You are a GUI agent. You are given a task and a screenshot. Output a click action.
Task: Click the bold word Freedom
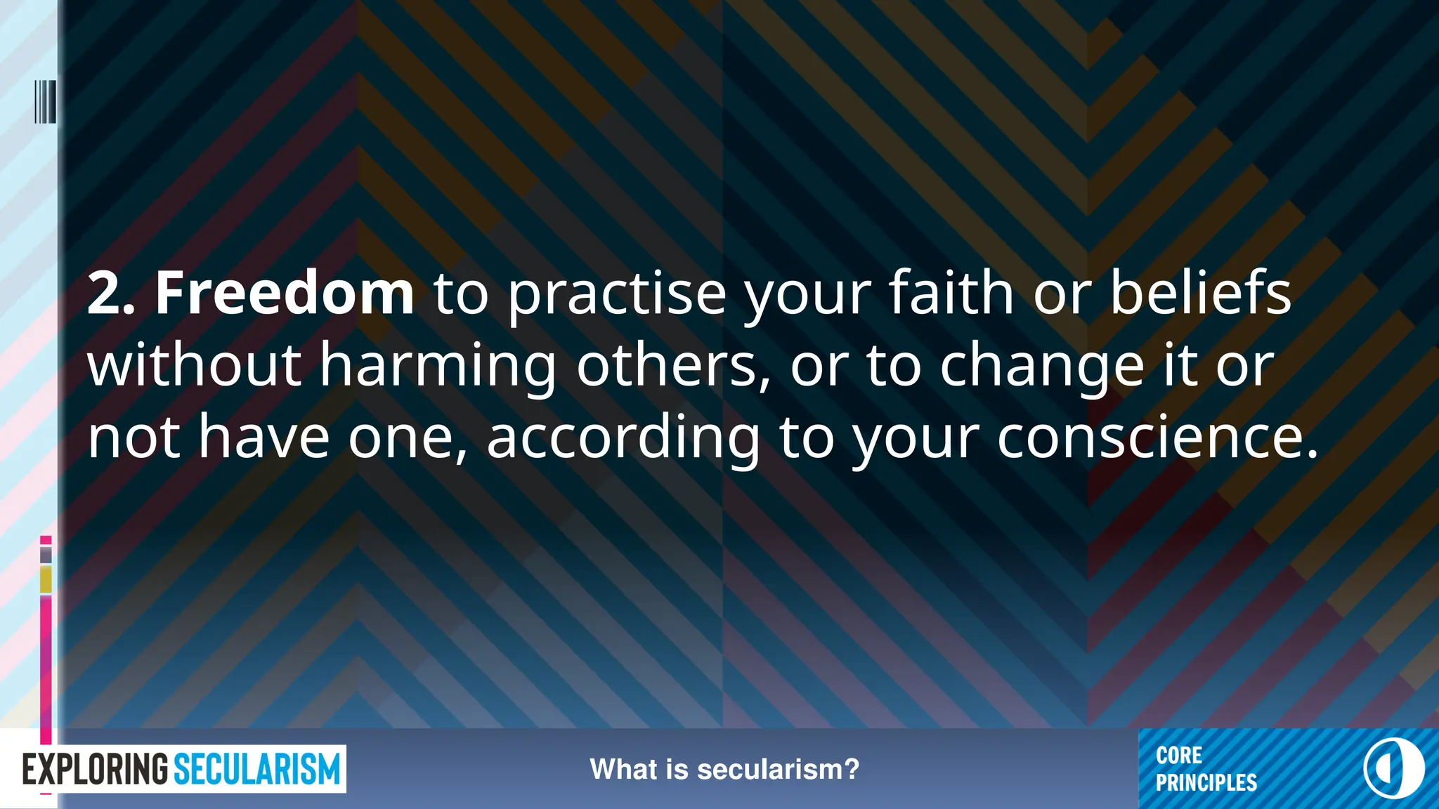click(x=285, y=293)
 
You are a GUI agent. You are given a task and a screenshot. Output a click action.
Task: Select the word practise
click(x=616, y=295)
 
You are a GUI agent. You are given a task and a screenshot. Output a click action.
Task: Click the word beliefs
click(x=1200, y=293)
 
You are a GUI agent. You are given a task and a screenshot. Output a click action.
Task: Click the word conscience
click(x=1157, y=437)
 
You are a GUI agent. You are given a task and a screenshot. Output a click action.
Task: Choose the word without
click(x=195, y=365)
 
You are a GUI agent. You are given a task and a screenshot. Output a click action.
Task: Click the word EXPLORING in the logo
click(x=96, y=770)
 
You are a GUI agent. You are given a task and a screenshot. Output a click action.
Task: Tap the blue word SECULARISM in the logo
click(x=256, y=770)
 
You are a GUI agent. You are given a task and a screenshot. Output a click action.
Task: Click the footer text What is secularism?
click(x=724, y=770)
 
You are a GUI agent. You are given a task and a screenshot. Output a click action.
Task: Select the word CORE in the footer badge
click(x=1179, y=756)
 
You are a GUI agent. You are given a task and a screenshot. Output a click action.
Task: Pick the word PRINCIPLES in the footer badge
click(x=1206, y=783)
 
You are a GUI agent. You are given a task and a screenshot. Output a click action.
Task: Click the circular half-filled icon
click(x=1394, y=768)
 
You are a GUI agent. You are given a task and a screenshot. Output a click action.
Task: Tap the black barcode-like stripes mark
click(x=45, y=102)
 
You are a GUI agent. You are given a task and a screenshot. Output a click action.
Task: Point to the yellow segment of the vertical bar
click(x=46, y=580)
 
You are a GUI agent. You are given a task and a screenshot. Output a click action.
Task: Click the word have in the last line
click(x=264, y=437)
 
